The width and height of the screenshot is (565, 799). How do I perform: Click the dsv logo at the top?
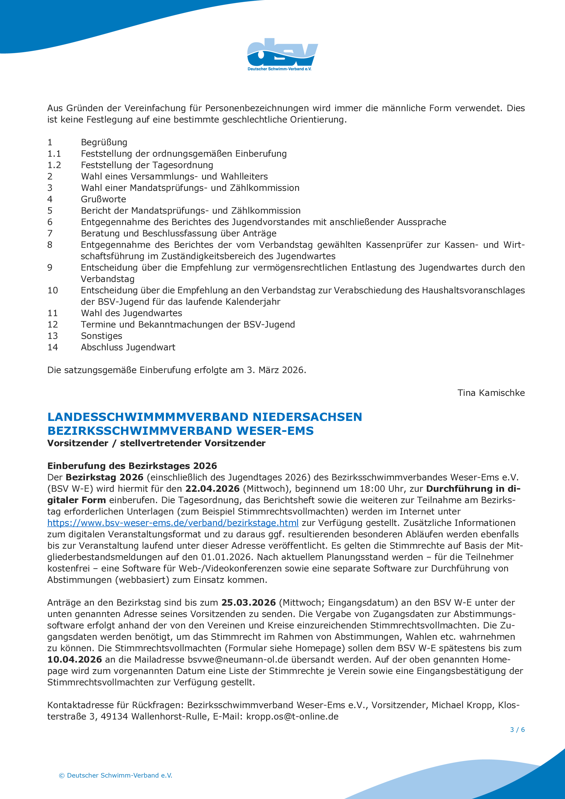[x=282, y=54]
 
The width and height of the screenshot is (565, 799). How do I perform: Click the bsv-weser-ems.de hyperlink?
[x=173, y=523]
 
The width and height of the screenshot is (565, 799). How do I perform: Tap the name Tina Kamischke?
[x=491, y=393]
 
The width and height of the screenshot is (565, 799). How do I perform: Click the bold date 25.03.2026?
[x=249, y=603]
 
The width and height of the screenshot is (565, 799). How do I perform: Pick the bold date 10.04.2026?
[x=75, y=659]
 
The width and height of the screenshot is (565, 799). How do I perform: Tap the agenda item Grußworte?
[x=103, y=199]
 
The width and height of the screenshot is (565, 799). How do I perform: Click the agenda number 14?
[x=53, y=347]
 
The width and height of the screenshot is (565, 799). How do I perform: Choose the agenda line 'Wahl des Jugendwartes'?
[x=131, y=313]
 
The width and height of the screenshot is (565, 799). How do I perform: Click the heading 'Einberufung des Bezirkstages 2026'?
[x=132, y=466]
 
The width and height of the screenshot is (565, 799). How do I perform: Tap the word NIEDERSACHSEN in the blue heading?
[x=307, y=417]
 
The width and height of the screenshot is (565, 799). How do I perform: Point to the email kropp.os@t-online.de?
[x=292, y=717]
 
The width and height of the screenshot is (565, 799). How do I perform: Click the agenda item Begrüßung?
[x=104, y=142]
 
